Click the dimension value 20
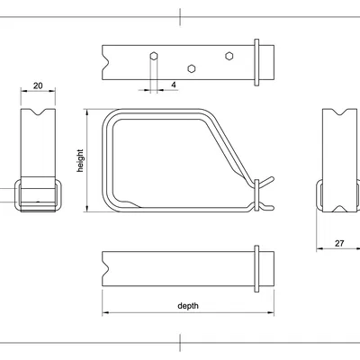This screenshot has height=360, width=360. pyautogui.click(x=38, y=85)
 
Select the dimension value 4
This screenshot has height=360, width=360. pyautogui.click(x=172, y=85)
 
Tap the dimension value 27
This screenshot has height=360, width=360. pyautogui.click(x=338, y=243)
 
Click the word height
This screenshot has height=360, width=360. pyautogui.click(x=80, y=161)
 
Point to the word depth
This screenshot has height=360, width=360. pyautogui.click(x=188, y=306)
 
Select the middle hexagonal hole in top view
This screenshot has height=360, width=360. pyautogui.click(x=191, y=67)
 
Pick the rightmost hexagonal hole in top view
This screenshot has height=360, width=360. pyautogui.click(x=229, y=56)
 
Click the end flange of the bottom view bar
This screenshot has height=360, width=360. pyautogui.click(x=258, y=268)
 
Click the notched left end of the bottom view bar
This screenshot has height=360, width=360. pyautogui.click(x=106, y=268)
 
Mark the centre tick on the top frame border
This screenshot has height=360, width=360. pyautogui.click(x=180, y=15)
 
